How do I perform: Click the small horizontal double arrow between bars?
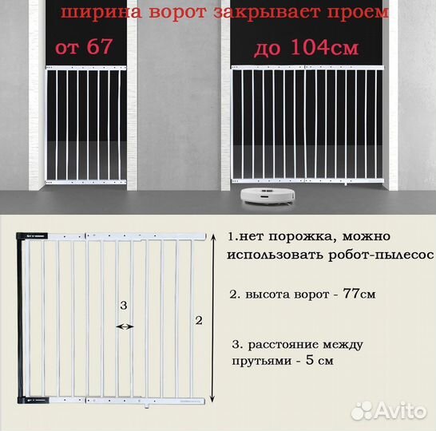coord(125,326)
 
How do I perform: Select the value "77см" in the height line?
coord(357,294)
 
